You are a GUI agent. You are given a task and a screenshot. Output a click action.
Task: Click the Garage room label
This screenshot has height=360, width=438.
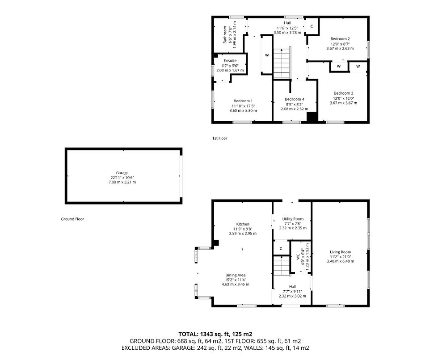(122, 173)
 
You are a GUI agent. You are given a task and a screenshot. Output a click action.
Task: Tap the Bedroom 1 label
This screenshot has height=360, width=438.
(243, 101)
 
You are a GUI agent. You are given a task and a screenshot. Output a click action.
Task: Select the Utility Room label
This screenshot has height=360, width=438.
(293, 219)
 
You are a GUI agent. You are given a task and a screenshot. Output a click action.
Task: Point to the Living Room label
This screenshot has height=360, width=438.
(340, 252)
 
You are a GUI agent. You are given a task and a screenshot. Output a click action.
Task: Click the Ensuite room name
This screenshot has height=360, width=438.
(230, 61)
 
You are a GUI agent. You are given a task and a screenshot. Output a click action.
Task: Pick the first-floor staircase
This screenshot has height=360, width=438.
(282, 63)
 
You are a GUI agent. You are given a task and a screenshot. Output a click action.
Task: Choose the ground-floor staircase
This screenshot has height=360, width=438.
(282, 265)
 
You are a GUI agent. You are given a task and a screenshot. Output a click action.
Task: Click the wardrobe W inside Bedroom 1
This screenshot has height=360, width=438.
(267, 55)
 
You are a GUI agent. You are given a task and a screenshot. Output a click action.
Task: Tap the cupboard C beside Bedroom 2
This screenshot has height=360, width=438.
(312, 26)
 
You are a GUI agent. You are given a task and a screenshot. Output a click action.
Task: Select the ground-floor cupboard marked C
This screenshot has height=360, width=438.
(281, 248)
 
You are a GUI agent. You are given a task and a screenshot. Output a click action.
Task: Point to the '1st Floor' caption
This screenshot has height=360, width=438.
(220, 138)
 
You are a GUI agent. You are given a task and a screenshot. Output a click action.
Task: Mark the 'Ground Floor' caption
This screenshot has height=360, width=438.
(72, 219)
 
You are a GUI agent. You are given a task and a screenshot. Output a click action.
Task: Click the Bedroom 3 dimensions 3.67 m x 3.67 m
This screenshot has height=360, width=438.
(343, 103)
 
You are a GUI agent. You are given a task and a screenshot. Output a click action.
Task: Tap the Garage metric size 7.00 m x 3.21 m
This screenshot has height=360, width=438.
(122, 182)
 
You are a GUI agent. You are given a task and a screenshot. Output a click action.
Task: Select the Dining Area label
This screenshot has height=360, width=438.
(236, 275)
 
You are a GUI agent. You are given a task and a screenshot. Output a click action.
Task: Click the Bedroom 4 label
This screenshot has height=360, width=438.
(295, 99)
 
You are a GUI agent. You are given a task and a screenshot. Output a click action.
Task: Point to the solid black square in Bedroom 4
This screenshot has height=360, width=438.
(312, 117)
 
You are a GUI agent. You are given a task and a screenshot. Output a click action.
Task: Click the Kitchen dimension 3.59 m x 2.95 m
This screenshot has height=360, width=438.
(243, 233)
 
